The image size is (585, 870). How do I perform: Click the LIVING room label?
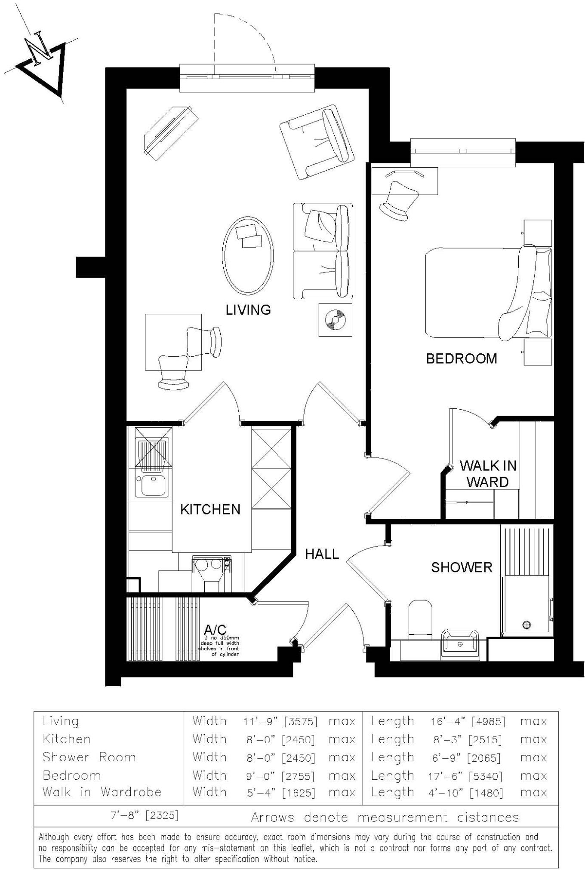(248, 309)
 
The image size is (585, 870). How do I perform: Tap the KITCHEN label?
(210, 509)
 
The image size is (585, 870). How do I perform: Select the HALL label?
(322, 554)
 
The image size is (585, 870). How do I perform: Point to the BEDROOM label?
(461, 358)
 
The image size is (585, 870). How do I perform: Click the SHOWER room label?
(462, 567)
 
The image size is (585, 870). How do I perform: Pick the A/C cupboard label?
(215, 630)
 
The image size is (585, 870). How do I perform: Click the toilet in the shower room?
(420, 619)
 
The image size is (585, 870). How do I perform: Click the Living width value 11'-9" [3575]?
(280, 722)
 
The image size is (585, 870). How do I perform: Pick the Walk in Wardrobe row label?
(102, 792)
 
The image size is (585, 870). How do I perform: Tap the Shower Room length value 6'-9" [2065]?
(466, 758)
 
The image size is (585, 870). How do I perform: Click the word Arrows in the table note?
(272, 817)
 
